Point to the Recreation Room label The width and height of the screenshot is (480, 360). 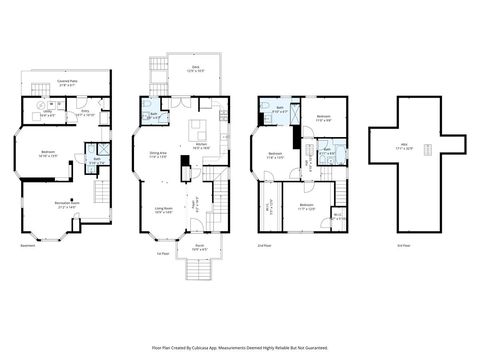coord(69,207)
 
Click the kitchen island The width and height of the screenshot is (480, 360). coord(197,129)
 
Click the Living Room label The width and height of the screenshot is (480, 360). coord(164,210)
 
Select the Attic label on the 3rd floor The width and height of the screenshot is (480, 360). coord(403,146)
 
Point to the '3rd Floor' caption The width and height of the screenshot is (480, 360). coord(375,245)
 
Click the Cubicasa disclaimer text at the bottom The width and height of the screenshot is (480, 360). coord(241,347)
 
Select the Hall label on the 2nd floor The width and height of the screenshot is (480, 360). coord(309,163)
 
